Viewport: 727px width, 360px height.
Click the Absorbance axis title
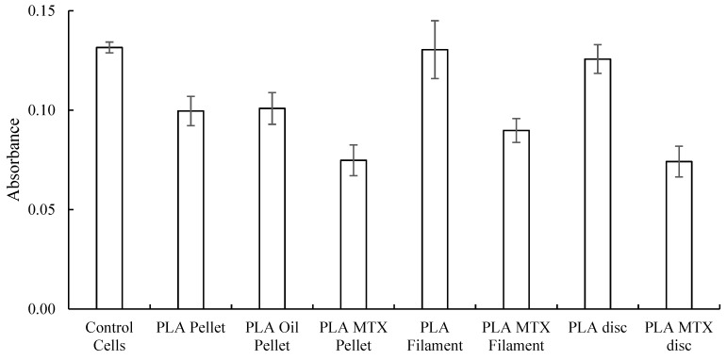(14, 160)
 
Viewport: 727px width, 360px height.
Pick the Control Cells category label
(109, 337)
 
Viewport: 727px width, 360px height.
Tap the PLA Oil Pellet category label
(272, 337)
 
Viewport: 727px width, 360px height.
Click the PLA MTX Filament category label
(516, 337)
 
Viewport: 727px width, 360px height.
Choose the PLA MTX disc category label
(678, 337)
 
